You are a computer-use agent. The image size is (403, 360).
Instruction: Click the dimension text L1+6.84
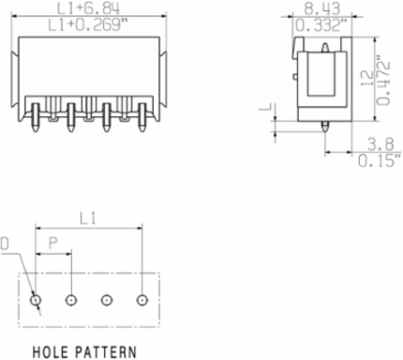88,8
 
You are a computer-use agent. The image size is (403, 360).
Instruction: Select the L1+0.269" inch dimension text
89,25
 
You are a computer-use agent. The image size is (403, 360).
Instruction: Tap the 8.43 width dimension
322,8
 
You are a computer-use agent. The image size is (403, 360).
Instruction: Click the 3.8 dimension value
381,144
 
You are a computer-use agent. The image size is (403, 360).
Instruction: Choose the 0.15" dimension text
380,160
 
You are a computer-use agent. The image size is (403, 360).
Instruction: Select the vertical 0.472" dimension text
384,81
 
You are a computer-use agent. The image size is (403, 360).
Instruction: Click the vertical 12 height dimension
367,79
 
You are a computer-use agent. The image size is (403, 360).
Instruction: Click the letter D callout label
5,244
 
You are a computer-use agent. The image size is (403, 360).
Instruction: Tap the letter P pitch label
53,244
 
